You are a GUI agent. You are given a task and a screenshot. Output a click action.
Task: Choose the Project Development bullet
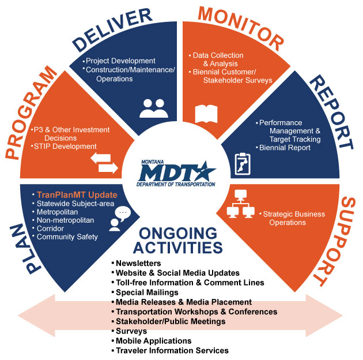[120, 61]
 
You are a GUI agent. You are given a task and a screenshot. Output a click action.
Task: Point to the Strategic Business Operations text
[294, 218]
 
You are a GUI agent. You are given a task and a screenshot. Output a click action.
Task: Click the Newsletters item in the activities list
[139, 264]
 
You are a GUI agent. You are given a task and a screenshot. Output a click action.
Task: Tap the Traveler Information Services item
[172, 350]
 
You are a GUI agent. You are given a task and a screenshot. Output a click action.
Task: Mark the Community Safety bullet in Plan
[67, 237]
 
